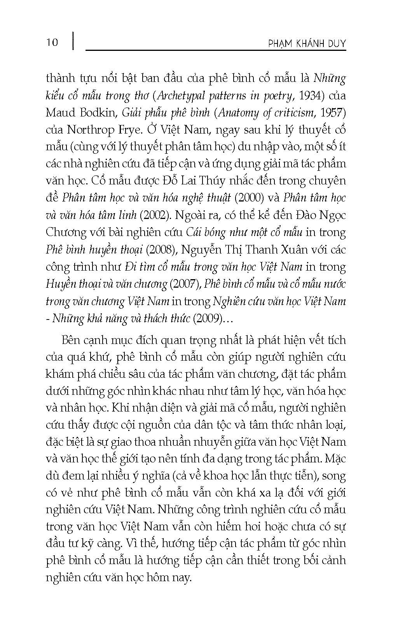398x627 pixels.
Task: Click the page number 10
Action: point(52,42)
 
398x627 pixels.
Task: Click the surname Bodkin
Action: point(99,113)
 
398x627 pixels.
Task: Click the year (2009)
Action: point(207,318)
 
